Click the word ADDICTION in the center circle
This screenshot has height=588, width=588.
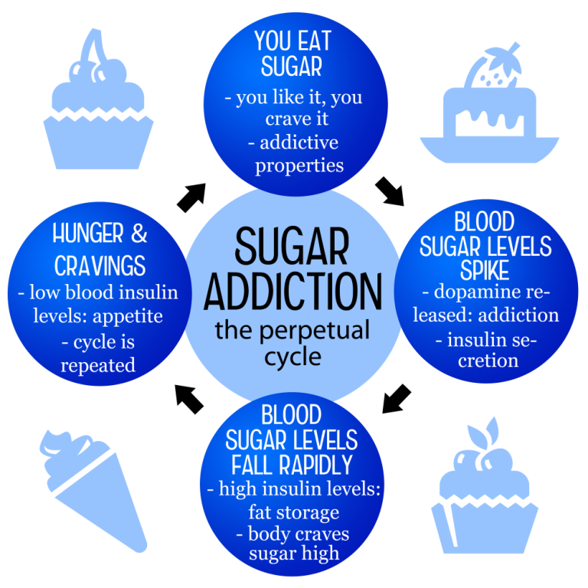click(293, 292)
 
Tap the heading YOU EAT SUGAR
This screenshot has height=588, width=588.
click(292, 54)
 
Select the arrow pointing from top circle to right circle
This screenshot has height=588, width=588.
click(390, 191)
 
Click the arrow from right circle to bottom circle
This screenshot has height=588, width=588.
click(396, 399)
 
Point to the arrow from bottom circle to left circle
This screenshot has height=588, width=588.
click(189, 399)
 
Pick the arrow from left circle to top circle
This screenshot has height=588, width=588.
click(191, 198)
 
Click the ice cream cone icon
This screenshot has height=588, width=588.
click(93, 491)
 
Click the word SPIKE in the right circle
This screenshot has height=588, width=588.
click(485, 270)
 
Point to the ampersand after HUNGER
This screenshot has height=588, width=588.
click(139, 234)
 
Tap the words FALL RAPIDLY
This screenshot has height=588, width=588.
click(292, 465)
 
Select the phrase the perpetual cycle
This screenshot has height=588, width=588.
click(292, 343)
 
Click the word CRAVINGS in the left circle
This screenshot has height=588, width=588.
click(100, 266)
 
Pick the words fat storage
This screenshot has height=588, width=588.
click(294, 512)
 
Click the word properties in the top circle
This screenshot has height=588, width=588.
click(299, 166)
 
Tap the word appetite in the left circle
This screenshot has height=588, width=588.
click(128, 317)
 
